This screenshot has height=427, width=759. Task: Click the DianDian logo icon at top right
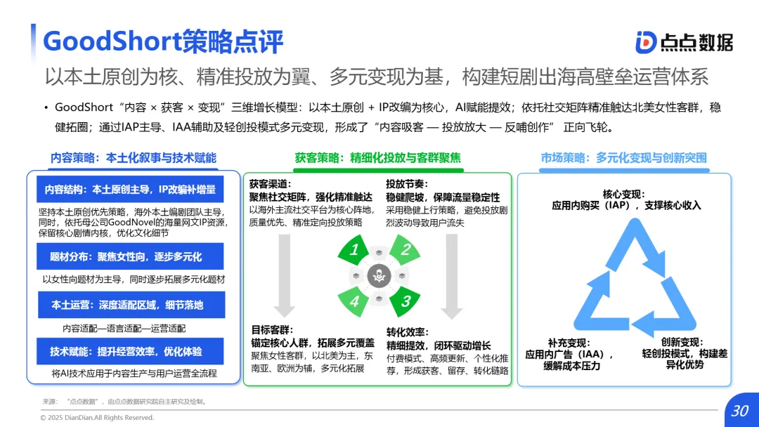point(646,42)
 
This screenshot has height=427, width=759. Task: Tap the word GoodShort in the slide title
point(111,41)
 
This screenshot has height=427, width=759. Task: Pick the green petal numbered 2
point(405,250)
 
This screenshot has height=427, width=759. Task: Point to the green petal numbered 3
point(405,301)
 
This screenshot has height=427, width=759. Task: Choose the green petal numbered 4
point(356,302)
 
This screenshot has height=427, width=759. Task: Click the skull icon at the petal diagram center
point(379,276)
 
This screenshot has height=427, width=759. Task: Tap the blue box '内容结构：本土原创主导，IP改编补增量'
point(130,190)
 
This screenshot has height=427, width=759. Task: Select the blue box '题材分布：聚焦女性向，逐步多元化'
point(130,257)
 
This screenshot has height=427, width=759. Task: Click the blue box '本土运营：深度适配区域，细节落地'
point(130,305)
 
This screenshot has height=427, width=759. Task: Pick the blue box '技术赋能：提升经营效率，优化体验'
point(130,351)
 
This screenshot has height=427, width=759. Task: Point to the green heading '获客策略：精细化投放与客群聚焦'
point(378,158)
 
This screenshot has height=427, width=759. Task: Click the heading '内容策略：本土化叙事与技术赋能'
point(134,158)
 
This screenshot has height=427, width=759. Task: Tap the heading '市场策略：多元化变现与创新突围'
point(623,158)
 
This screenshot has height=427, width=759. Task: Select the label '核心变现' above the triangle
point(623,195)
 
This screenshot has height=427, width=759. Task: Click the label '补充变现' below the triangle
point(568,343)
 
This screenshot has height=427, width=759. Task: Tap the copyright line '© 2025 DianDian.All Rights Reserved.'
point(98,418)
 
